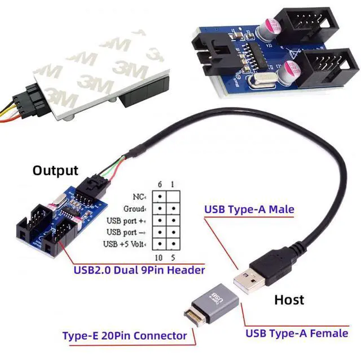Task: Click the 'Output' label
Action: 55,170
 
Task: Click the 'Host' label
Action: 289,299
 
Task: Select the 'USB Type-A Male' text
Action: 249,210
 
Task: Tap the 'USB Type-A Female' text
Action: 296,333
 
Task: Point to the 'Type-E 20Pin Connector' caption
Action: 124,336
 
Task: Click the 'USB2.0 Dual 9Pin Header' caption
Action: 139,270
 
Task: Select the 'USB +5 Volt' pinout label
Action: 126,244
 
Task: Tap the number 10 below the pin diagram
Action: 160,257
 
